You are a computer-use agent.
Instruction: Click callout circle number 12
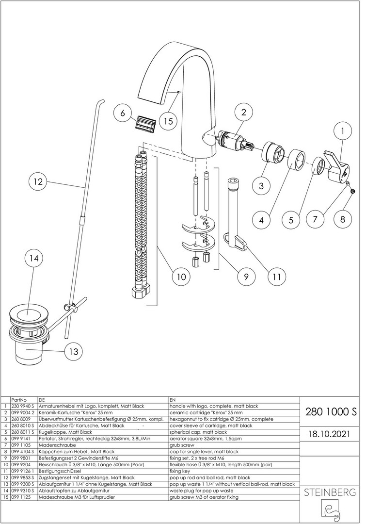38,182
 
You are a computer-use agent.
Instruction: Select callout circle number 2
244,112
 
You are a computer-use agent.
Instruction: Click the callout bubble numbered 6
123,113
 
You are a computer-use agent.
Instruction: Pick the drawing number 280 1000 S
331,411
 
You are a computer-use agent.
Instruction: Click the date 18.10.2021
331,432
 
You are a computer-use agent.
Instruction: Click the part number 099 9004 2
23,412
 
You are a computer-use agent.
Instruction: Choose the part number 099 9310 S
23,491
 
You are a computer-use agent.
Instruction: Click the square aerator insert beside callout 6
143,121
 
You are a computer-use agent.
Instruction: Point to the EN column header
173,399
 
